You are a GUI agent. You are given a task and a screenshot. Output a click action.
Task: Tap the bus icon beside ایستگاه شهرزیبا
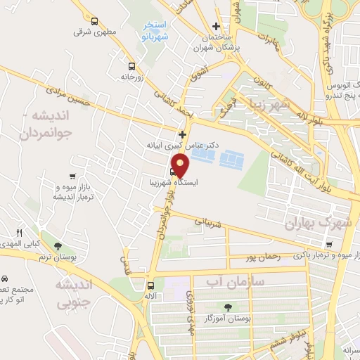tap(174, 171)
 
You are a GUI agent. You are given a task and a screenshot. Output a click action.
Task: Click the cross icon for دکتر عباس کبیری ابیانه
tap(183, 134)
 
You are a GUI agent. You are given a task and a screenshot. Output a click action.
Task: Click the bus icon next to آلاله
tap(150, 285)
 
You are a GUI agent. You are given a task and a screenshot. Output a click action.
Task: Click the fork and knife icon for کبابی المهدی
tap(20, 233)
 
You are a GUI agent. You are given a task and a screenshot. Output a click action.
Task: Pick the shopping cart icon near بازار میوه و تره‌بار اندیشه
tap(72, 176)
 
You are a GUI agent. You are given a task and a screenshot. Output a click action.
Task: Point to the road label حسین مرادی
tap(67, 89)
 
